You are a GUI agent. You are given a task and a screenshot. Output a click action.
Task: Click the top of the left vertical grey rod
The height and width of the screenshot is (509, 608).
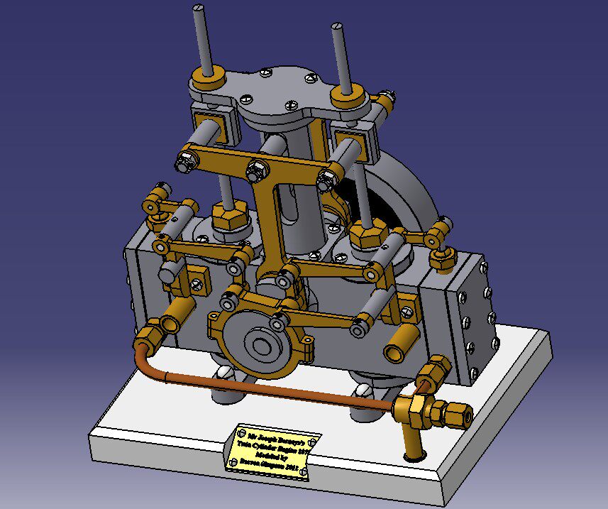[199, 10]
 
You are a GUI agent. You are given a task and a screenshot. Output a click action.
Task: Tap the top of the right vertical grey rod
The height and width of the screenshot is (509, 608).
[338, 28]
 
